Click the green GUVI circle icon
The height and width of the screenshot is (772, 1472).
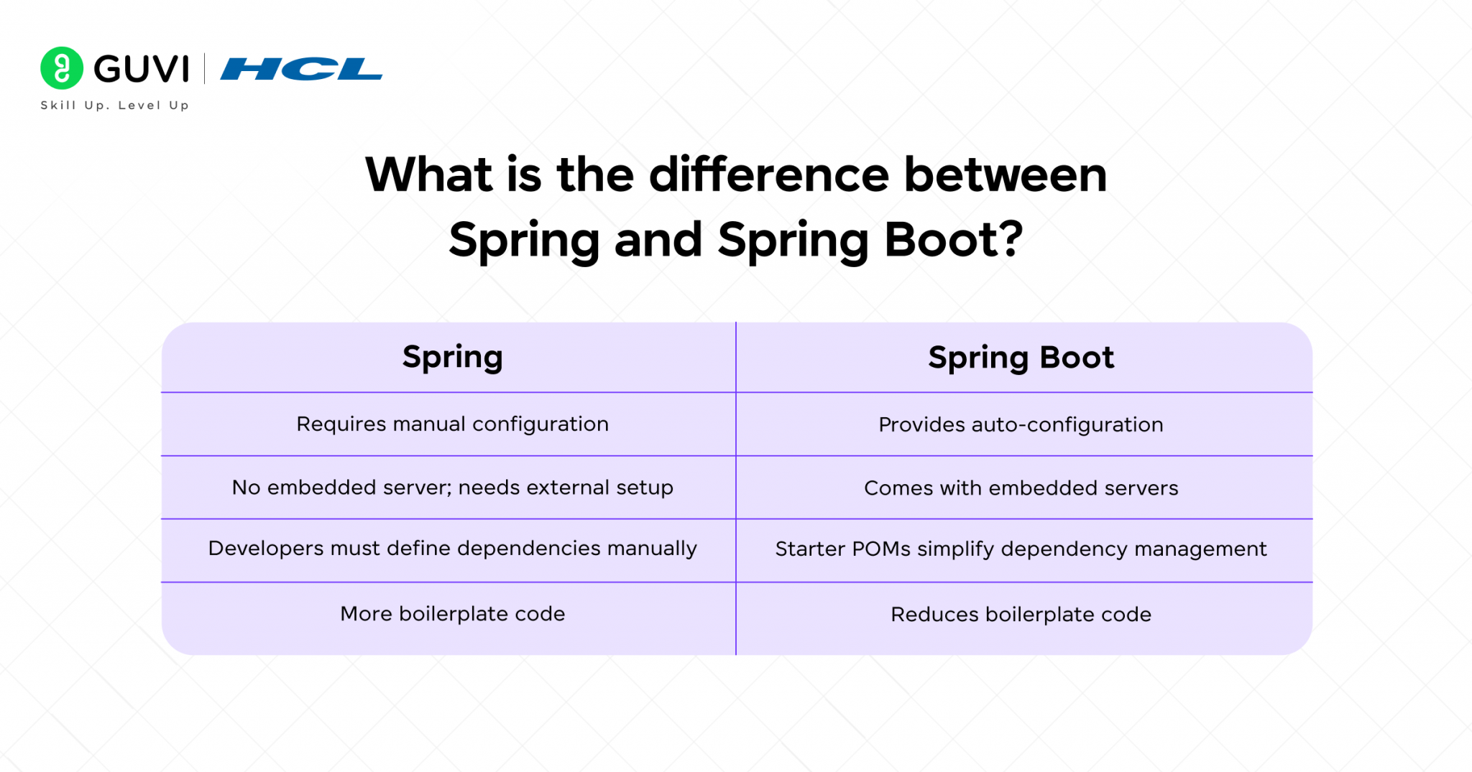pyautogui.click(x=62, y=68)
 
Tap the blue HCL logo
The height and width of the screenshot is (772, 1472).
pyautogui.click(x=301, y=69)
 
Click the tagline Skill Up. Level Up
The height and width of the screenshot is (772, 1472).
pyautogui.click(x=115, y=106)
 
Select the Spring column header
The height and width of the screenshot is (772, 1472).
pyautogui.click(x=452, y=357)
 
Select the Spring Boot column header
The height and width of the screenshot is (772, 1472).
pyautogui.click(x=1021, y=358)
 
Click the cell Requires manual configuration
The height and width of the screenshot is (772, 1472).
pyautogui.click(x=452, y=424)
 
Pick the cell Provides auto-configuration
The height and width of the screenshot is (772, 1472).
pyautogui.click(x=1021, y=425)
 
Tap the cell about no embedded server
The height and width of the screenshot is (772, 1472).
pyautogui.click(x=452, y=488)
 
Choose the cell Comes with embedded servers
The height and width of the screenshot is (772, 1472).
pyautogui.click(x=1021, y=488)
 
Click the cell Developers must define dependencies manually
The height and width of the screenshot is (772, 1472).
pyautogui.click(x=452, y=549)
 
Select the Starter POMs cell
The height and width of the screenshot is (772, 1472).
pyautogui.click(x=1021, y=549)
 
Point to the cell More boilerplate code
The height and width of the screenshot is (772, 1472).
pyautogui.click(x=452, y=614)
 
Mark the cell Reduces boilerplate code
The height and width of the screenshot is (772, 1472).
pyautogui.click(x=1021, y=615)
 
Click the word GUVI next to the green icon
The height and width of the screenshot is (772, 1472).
pyautogui.click(x=142, y=69)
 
